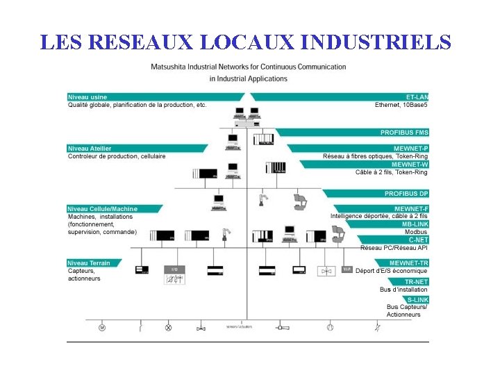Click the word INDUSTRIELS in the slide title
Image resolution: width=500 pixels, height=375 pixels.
coord(376,42)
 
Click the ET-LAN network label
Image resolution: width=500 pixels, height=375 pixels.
coord(417,97)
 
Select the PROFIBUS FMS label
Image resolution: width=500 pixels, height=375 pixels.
coord(404,132)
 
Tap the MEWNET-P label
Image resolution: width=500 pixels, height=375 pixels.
coord(412,148)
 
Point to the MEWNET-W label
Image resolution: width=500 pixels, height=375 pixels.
coord(410,165)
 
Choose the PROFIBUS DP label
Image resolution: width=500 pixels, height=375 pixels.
coord(406,193)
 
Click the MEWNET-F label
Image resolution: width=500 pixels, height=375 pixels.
coord(412,208)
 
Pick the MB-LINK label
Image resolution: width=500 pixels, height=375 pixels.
coord(415,224)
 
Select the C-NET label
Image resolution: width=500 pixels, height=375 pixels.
coord(418,240)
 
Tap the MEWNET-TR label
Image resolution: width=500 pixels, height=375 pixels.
coord(409,262)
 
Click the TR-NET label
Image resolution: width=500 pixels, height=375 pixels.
coord(416,281)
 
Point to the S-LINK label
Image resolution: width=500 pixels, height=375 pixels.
coord(417,299)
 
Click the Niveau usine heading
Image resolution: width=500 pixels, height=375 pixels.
coord(87,97)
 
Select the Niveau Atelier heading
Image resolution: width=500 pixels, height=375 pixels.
coord(90,148)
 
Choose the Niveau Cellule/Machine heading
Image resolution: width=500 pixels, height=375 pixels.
coord(103,208)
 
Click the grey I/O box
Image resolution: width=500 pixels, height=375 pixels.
coord(174,269)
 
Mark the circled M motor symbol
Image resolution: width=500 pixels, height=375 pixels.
coord(101,327)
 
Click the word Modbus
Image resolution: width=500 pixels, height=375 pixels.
coord(417,231)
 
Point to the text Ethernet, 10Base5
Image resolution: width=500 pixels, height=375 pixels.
coord(401,105)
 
